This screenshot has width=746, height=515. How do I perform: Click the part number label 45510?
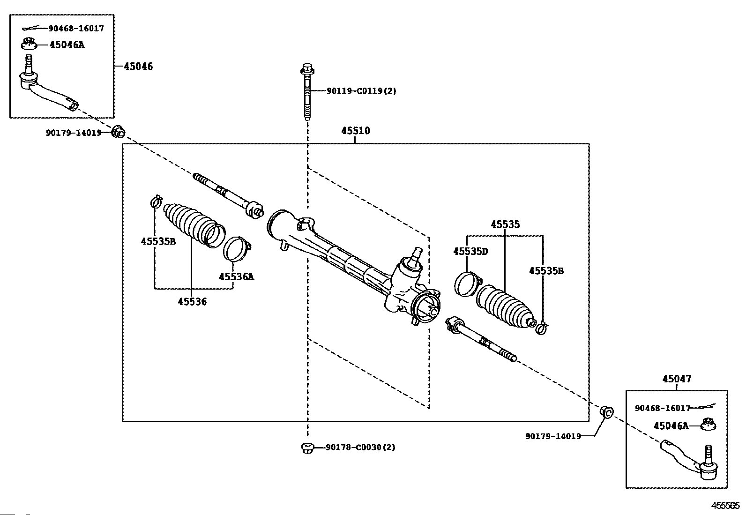355,131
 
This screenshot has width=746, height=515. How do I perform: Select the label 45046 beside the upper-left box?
138,66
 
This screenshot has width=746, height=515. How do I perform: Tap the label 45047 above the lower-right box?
677,379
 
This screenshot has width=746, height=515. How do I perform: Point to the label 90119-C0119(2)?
361,90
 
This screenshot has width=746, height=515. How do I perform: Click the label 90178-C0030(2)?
360,447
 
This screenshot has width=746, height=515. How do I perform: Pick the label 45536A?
236,276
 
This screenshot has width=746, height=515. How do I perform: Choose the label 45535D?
470,251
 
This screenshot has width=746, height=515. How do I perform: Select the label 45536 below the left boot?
192,302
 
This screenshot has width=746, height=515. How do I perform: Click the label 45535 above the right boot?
505,224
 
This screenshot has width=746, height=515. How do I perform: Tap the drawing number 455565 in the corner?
725,506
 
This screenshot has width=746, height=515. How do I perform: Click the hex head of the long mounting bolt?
307,69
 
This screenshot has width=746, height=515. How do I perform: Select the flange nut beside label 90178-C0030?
307,448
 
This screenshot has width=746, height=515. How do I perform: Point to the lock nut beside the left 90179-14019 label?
118,132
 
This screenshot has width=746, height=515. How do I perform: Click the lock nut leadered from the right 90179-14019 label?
607,412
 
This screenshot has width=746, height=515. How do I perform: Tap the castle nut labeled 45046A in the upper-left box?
29,44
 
